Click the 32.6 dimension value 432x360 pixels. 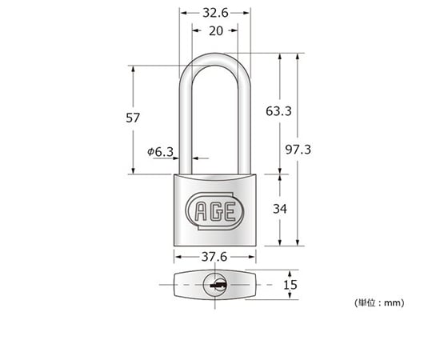tap(215, 13)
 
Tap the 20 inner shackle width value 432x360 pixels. tap(216, 31)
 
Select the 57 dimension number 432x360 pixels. tap(133, 118)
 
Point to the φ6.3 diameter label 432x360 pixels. tap(160, 152)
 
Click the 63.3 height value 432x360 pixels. tap(278, 111)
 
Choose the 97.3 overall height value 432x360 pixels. tap(298, 150)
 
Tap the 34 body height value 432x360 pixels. tap(280, 209)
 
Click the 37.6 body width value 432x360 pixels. tap(214, 257)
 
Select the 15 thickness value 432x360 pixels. tap(290, 285)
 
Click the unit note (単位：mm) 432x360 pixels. tap(379, 303)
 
